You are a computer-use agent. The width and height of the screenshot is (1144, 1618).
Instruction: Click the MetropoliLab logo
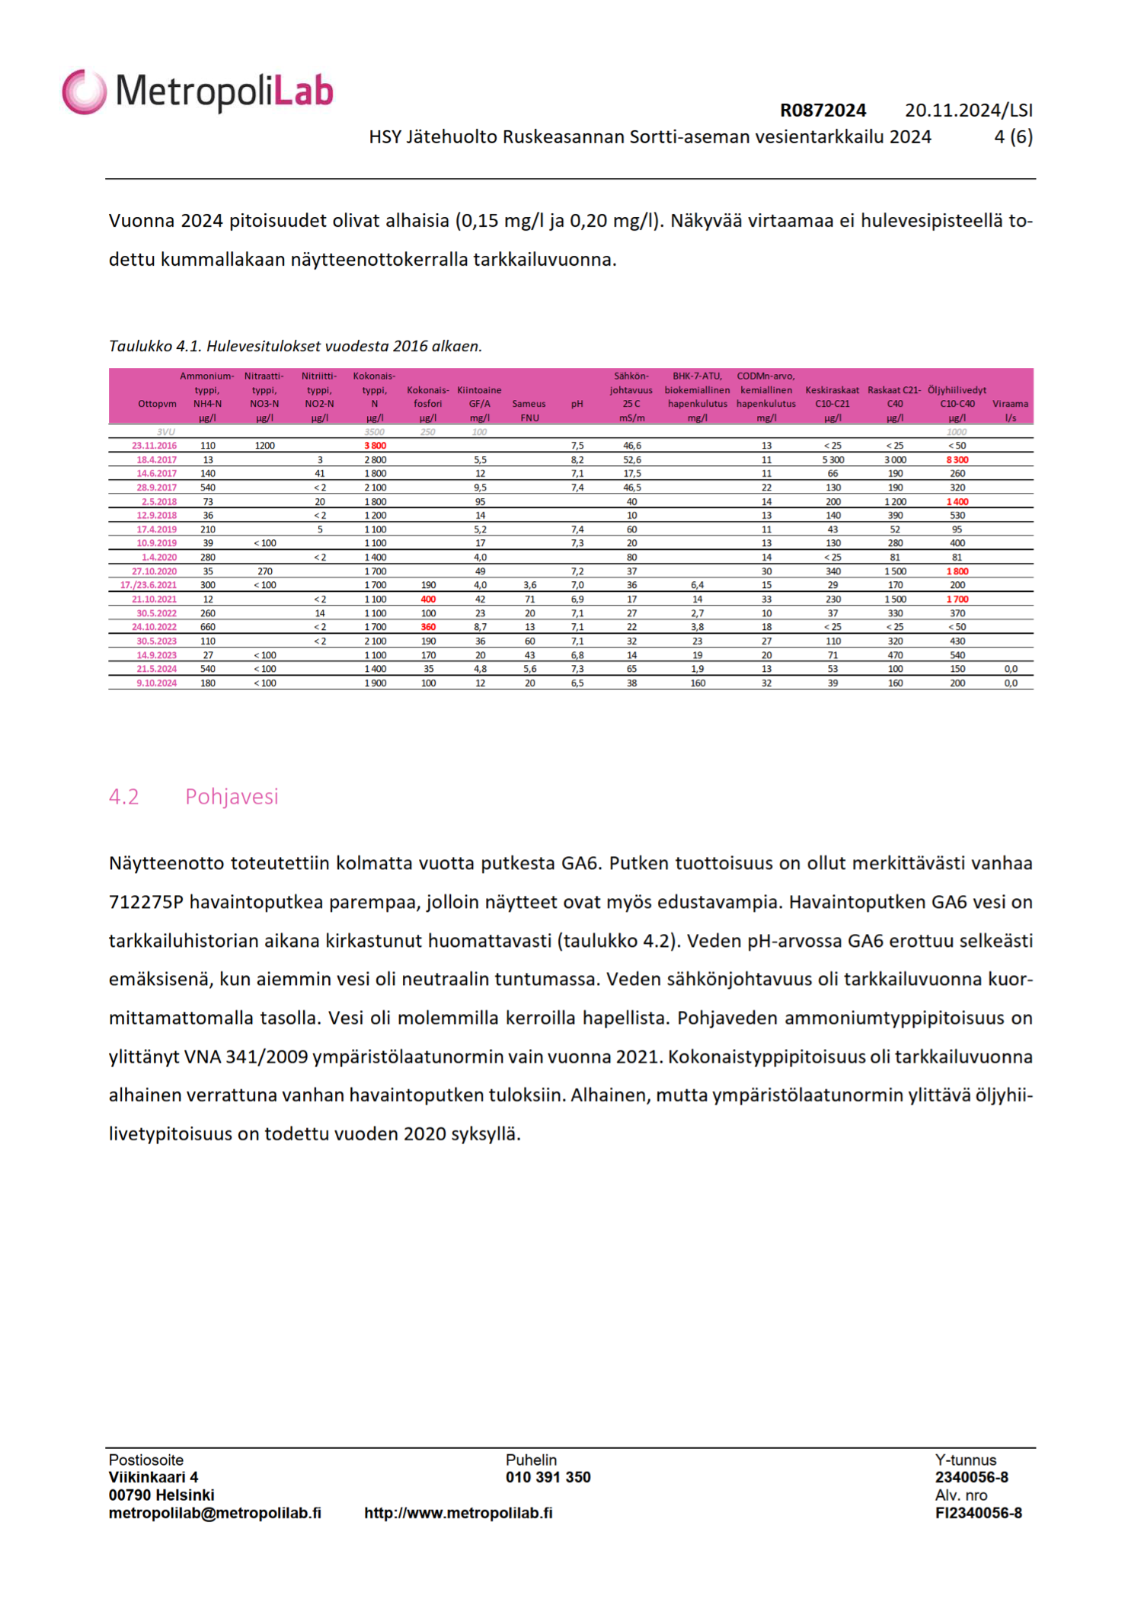[x=198, y=91]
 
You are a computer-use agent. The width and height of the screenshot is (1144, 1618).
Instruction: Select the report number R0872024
[x=823, y=110]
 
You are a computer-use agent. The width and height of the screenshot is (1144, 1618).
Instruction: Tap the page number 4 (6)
[x=1013, y=137]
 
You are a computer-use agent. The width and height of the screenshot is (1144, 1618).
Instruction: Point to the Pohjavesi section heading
[x=232, y=797]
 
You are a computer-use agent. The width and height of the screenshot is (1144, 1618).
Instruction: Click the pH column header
[x=577, y=404]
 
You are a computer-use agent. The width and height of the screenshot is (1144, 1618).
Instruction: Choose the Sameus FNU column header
[x=529, y=410]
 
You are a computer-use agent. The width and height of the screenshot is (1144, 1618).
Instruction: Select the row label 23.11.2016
[x=154, y=446]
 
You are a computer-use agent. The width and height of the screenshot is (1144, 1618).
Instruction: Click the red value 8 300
[x=957, y=460]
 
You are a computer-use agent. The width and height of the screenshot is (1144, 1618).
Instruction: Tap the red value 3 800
[x=375, y=446]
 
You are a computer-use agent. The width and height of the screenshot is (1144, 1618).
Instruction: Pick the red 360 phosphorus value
[x=429, y=627]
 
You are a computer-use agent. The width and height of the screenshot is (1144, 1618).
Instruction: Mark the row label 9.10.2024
[x=156, y=683]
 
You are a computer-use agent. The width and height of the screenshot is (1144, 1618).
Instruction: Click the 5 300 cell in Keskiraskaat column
[x=832, y=460]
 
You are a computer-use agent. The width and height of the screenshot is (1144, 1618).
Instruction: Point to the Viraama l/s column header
[x=1010, y=410]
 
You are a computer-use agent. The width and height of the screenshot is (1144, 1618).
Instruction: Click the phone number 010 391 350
[x=548, y=1477]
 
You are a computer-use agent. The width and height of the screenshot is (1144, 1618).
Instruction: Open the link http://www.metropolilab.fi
[x=458, y=1513]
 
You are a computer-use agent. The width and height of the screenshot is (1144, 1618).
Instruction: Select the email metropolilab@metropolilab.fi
[x=215, y=1513]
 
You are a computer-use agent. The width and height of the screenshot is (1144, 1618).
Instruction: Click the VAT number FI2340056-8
[x=978, y=1514]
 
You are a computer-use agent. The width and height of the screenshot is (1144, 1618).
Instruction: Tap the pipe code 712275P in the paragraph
[x=146, y=903]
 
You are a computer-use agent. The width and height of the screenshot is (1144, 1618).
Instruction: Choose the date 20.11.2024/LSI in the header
[x=968, y=110]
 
